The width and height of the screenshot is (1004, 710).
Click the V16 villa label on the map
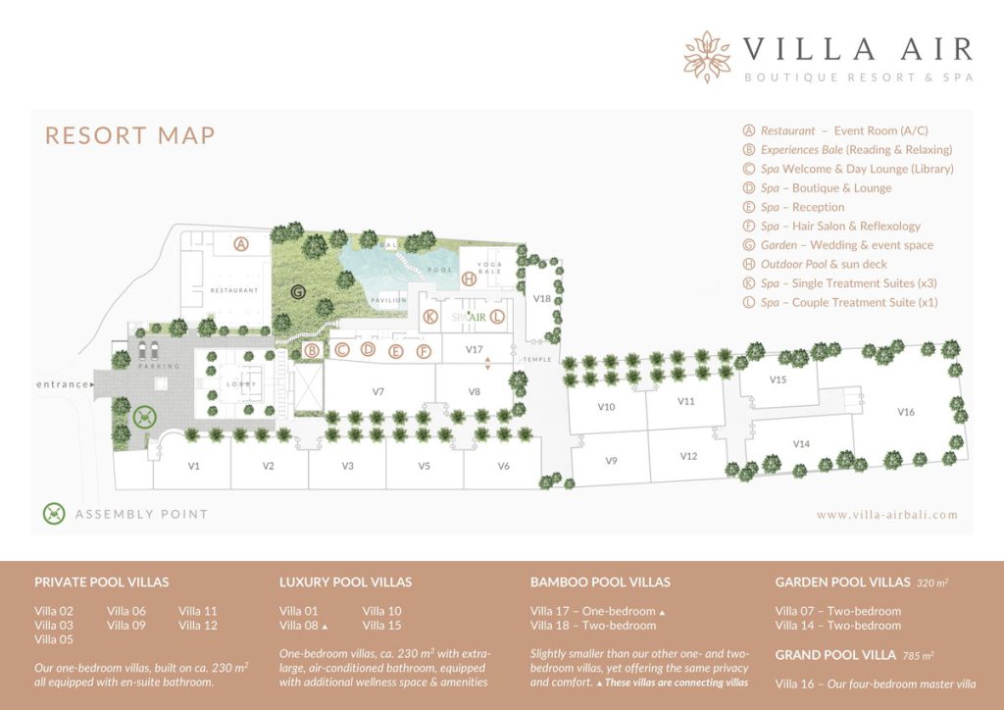tap(905, 412)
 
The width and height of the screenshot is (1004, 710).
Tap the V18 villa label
tap(542, 298)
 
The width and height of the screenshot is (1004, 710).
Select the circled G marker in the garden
tap(297, 291)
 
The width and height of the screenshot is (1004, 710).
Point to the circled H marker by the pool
tap(469, 279)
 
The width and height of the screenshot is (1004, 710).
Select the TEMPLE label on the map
tap(537, 360)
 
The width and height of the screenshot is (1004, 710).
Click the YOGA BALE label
tap(489, 269)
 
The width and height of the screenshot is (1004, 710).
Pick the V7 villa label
tap(377, 391)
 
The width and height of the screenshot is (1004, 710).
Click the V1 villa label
tap(194, 466)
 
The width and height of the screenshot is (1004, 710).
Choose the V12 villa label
tap(688, 457)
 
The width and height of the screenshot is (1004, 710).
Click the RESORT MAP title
tap(129, 134)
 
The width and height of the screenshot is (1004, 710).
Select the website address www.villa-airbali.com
tap(886, 514)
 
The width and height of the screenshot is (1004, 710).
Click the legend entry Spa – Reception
tap(801, 207)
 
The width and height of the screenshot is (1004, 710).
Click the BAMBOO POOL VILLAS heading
tap(600, 582)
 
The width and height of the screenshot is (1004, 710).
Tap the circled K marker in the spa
tap(429, 317)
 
